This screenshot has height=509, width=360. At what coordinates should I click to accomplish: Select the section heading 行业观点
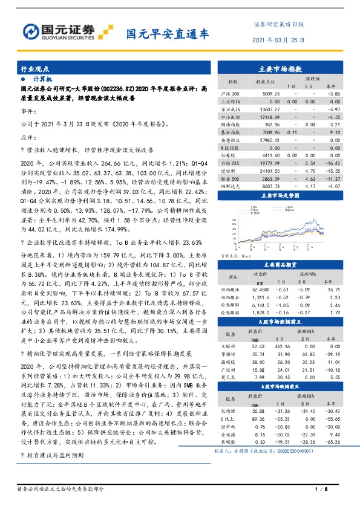click(34, 70)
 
